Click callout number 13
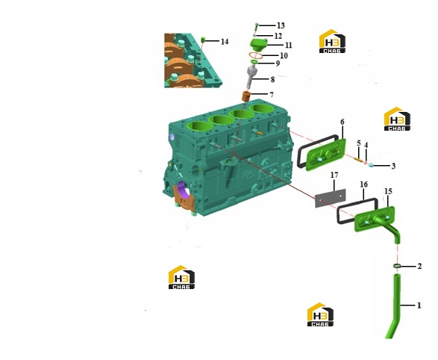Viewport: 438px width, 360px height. pyautogui.click(x=281, y=25)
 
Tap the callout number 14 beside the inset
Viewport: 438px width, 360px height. pyautogui.click(x=225, y=42)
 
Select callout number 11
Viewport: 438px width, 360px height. pyautogui.click(x=289, y=45)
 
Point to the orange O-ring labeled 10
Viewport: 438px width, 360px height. pyautogui.click(x=255, y=55)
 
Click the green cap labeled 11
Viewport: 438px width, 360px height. pyautogui.click(x=257, y=45)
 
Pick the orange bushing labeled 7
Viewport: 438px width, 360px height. pyautogui.click(x=245, y=96)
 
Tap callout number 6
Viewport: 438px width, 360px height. pyautogui.click(x=342, y=122)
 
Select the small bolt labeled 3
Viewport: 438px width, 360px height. pyautogui.click(x=372, y=165)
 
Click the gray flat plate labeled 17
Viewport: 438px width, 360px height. pyautogui.click(x=330, y=198)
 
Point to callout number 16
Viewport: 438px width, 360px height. pyautogui.click(x=363, y=184)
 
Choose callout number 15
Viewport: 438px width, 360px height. pyautogui.click(x=388, y=191)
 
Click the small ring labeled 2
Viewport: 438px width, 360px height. pyautogui.click(x=397, y=266)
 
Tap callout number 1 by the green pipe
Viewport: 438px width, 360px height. pyautogui.click(x=419, y=305)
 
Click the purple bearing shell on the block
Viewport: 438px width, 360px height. pyautogui.click(x=183, y=189)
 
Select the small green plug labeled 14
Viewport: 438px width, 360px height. pyautogui.click(x=204, y=40)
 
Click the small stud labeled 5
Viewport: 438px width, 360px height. pyautogui.click(x=358, y=160)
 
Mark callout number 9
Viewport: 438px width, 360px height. pyautogui.click(x=278, y=63)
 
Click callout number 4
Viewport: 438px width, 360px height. pyautogui.click(x=366, y=145)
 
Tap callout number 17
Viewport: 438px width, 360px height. pyautogui.click(x=334, y=175)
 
